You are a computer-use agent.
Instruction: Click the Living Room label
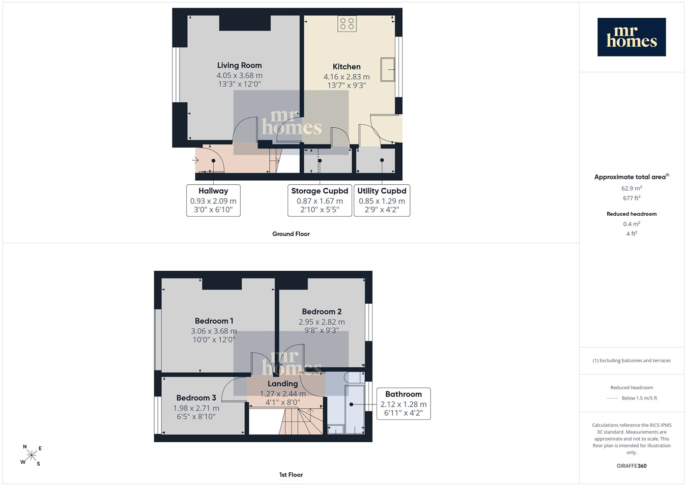(239, 65)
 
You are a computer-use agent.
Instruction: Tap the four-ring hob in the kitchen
(347, 23)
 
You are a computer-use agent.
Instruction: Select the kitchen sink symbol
(388, 69)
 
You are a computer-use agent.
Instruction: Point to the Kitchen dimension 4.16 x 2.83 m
(347, 77)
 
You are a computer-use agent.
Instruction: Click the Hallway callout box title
(213, 191)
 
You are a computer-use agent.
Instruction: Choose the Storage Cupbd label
(320, 191)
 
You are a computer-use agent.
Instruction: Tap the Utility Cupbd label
(382, 191)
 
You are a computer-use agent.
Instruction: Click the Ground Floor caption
(291, 234)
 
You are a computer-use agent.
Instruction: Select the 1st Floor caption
(291, 475)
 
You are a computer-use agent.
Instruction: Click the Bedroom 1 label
(214, 321)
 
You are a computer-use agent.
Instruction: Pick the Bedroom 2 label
(322, 311)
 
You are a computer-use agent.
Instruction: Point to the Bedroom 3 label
(196, 397)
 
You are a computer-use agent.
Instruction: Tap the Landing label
(283, 384)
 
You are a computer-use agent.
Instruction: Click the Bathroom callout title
(404, 394)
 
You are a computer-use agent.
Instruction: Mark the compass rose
(31, 455)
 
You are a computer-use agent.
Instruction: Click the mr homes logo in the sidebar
(632, 37)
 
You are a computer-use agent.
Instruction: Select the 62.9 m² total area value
(632, 188)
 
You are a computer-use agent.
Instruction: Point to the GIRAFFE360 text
(632, 466)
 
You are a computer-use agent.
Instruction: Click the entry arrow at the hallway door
(195, 160)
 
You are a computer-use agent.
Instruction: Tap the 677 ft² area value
(632, 198)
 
